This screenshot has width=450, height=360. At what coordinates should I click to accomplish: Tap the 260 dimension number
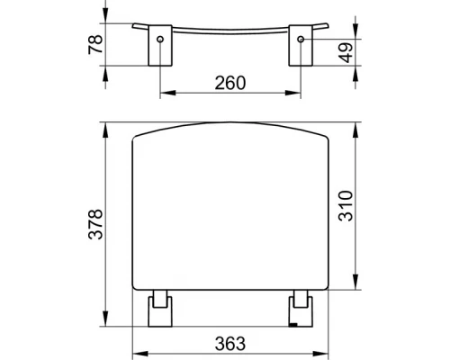tap(230, 82)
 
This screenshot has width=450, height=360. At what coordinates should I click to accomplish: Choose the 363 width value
tap(230, 343)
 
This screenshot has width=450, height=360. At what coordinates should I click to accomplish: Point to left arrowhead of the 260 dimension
tap(165, 92)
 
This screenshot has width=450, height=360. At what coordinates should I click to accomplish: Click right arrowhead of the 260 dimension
tap(296, 92)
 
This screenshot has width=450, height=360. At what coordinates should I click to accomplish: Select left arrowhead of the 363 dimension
tap(138, 352)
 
